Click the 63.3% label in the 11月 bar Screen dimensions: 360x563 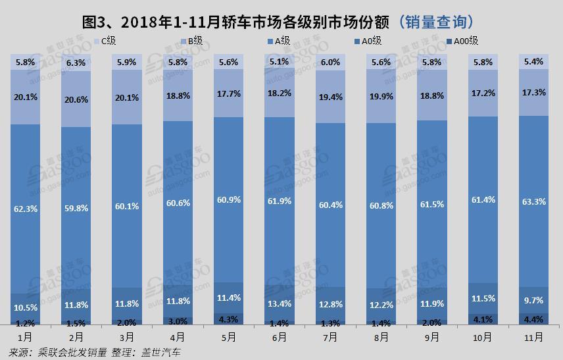(x=533, y=201)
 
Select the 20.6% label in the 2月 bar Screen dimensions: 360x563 (x=75, y=99)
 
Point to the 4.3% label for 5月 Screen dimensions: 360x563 (x=228, y=321)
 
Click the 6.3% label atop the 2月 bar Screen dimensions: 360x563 (x=75, y=63)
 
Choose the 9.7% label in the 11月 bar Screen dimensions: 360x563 (x=533, y=300)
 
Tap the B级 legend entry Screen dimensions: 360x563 (x=194, y=41)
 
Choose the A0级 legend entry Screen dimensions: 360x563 (x=370, y=41)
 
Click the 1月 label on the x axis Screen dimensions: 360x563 (x=25, y=337)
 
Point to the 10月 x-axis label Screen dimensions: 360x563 (x=482, y=337)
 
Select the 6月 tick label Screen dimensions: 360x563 (x=279, y=337)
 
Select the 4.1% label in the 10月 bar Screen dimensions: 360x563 (x=483, y=321)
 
